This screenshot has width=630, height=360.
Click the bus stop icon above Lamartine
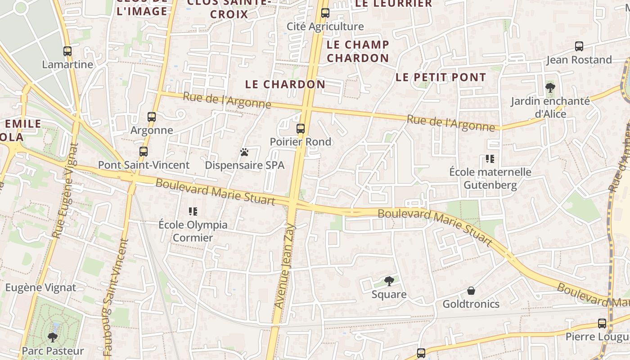67,51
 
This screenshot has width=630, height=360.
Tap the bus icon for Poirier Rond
301,129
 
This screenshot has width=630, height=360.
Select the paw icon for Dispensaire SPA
244,152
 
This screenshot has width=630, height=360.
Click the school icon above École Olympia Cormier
193,211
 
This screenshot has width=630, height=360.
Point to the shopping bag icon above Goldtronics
471,291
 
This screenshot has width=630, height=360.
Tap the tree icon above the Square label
389,281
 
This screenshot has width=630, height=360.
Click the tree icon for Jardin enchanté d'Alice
550,87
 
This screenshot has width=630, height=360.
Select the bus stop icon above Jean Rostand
579,46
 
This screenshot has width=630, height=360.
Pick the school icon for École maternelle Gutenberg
490,158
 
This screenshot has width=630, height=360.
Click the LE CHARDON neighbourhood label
285,84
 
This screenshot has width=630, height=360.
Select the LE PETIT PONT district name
441,77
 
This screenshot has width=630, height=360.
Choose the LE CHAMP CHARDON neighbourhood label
358,51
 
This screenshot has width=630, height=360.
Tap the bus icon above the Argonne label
152,117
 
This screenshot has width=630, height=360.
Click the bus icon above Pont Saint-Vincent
144,152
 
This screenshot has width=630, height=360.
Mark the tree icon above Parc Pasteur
53,337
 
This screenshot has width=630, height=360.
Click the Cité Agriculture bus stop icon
325,13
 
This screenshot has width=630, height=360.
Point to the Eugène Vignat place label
40,288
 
